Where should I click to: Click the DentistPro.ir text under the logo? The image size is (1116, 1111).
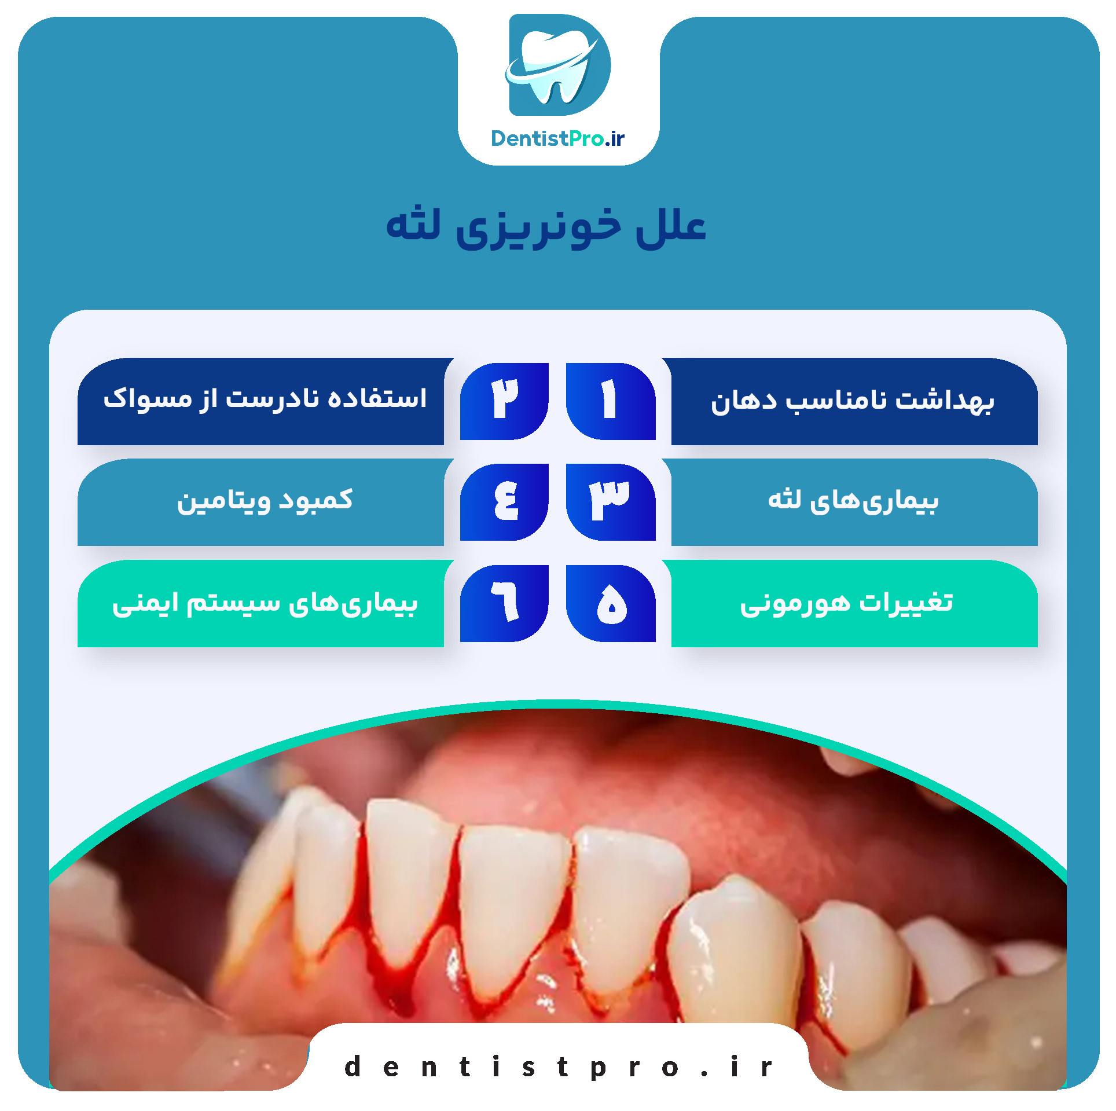tap(558, 139)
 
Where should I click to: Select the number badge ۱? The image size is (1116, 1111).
tap(611, 401)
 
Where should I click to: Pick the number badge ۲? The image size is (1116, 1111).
tap(504, 401)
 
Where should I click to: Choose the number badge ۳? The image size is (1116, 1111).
tap(611, 502)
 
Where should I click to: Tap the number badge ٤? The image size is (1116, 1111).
tap(504, 502)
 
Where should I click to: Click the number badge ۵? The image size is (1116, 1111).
tap(611, 603)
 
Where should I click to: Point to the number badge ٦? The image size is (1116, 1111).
tap(504, 603)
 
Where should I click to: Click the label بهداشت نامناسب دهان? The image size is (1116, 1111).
tap(853, 401)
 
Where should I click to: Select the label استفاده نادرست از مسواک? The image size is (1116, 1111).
tap(265, 398)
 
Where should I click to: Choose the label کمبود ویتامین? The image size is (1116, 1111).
tap(265, 501)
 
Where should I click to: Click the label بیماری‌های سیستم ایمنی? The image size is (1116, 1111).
tap(265, 603)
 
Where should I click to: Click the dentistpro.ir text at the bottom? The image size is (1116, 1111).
tap(558, 1066)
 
